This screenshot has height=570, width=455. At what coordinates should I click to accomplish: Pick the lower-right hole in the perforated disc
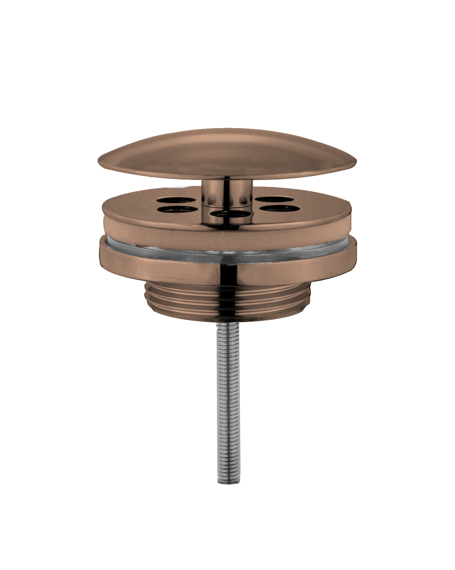(276, 208)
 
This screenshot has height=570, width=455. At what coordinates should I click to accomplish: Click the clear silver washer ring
(227, 251)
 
